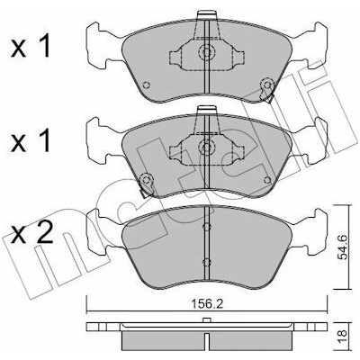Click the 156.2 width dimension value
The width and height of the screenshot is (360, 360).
tap(207, 304)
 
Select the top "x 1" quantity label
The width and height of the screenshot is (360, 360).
tap(31, 47)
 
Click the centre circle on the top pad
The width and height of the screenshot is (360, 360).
tap(206, 52)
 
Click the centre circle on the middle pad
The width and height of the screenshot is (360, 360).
tap(206, 147)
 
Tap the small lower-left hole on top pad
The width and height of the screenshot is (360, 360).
tap(147, 85)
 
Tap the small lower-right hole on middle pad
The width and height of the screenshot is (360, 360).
tap(266, 180)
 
